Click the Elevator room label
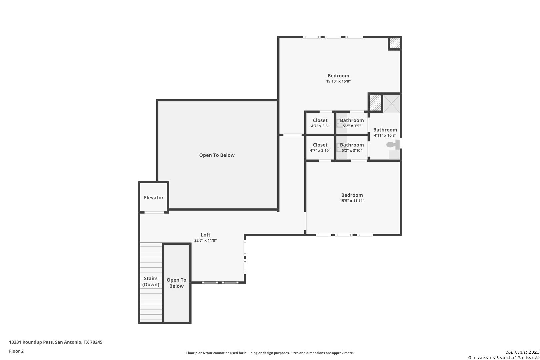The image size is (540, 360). [154, 198]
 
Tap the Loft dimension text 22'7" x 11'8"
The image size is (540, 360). [205, 240]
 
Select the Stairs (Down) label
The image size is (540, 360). [151, 281]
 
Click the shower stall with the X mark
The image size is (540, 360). [391, 103]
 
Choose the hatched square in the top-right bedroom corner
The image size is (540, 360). [395, 43]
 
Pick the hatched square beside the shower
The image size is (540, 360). [375, 103]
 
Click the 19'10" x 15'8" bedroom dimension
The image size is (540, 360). [338, 81]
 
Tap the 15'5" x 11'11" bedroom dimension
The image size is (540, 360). [352, 201]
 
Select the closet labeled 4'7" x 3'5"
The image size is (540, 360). [320, 123]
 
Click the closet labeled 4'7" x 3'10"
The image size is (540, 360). [320, 148]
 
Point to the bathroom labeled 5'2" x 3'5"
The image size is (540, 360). [352, 123]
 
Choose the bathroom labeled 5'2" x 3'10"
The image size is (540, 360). [352, 148]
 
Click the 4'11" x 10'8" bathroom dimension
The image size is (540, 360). [385, 135]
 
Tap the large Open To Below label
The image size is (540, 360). [217, 155]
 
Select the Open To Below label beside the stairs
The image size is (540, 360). [176, 283]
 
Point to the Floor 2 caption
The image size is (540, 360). [16, 351]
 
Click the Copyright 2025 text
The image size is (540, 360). [522, 352]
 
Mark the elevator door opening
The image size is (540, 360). [154, 212]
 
